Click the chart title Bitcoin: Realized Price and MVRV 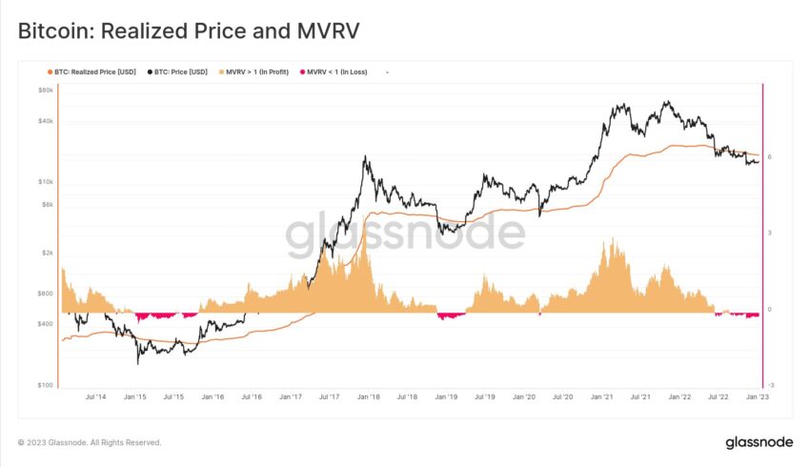click(x=189, y=31)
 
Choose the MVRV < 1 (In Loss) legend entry click(x=337, y=71)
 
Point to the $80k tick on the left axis click(x=45, y=91)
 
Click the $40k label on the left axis click(x=45, y=121)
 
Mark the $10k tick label click(x=45, y=181)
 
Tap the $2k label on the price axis click(x=46, y=253)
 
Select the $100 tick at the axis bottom click(x=45, y=385)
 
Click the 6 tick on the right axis click(x=769, y=157)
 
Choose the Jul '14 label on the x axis click(x=95, y=396)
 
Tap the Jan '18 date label click(x=368, y=396)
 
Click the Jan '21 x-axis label click(x=601, y=396)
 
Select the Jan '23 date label click(x=758, y=396)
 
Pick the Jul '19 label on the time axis click(x=485, y=396)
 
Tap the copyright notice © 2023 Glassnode click(x=90, y=442)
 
